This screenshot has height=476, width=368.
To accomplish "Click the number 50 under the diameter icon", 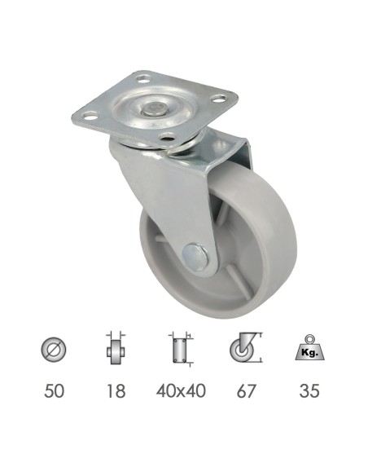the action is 54,390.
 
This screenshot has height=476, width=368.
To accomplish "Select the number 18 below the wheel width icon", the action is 116,390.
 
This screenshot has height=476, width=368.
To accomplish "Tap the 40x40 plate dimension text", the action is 181,390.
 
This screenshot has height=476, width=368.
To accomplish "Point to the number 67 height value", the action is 246,390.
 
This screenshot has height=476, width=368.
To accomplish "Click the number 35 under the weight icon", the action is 309,390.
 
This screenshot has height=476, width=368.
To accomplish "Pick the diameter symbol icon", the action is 54,350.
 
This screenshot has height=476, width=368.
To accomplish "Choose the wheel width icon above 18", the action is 116,348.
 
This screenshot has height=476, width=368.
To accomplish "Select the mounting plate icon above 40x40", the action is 181,350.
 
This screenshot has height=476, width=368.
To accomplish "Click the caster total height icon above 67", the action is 246,348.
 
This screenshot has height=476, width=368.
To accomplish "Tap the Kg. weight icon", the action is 310,347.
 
